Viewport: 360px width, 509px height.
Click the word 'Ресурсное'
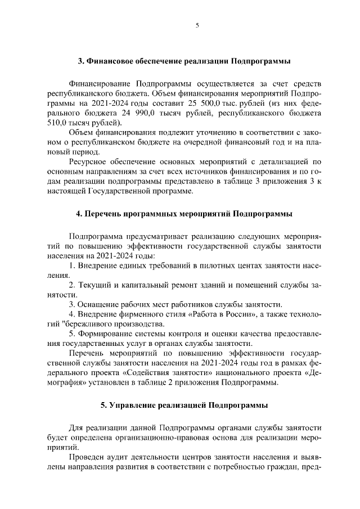tap(88, 162)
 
